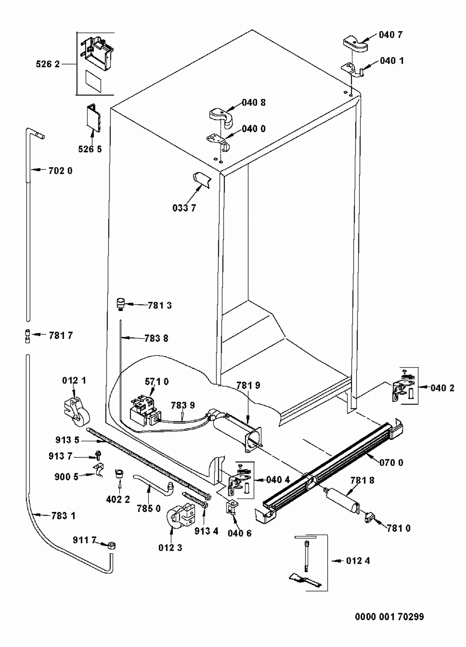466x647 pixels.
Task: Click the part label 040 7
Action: pos(391,35)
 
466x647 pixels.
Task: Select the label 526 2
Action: pos(48,64)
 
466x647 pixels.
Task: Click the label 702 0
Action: pos(60,171)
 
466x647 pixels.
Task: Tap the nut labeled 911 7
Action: pos(112,546)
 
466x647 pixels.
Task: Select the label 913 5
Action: pos(67,440)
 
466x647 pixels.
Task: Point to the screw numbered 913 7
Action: pos(98,456)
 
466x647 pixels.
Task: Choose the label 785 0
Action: pos(149,508)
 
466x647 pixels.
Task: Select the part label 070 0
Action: pos(391,463)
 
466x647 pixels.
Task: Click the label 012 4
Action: pos(358,561)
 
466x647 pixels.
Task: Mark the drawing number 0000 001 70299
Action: pos(390,617)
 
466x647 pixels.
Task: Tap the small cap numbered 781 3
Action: pos(120,303)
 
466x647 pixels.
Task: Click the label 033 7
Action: pos(184,208)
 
